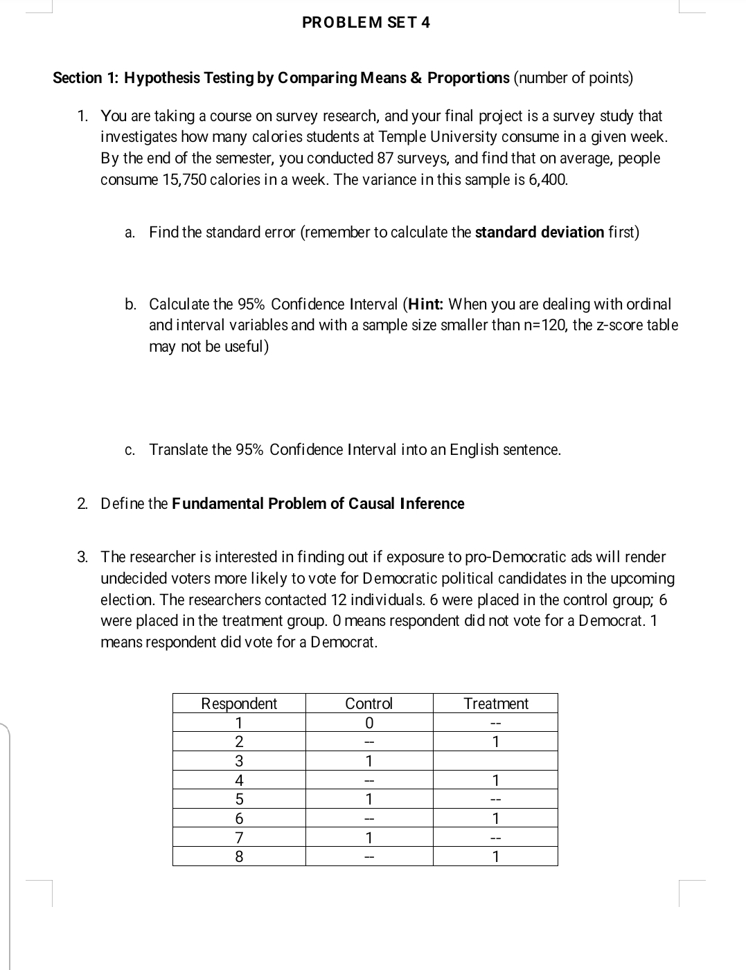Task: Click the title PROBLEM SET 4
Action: (366, 22)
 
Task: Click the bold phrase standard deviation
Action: (540, 233)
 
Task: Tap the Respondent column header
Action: (239, 703)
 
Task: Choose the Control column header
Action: (368, 703)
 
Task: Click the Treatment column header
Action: (495, 703)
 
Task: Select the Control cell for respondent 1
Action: (368, 723)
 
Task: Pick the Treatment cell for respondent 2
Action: (495, 742)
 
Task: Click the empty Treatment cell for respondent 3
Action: (495, 761)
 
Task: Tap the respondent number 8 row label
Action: (239, 857)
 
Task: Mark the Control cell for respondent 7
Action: (368, 838)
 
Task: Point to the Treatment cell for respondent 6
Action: (495, 819)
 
